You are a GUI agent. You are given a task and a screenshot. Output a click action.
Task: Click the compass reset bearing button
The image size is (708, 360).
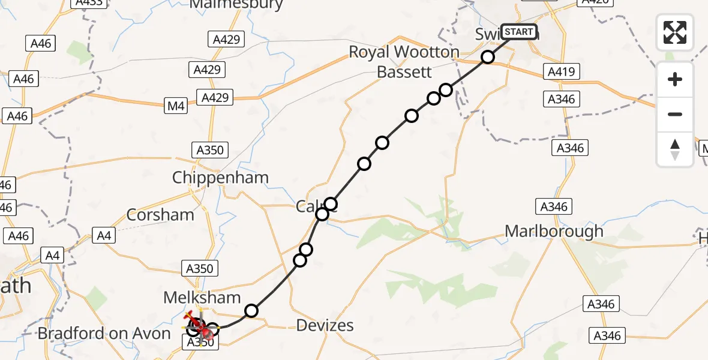[675, 149]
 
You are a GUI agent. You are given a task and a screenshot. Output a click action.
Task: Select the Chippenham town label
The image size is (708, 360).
[220, 178]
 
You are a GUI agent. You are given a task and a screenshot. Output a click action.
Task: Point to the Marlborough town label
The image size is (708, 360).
[554, 231]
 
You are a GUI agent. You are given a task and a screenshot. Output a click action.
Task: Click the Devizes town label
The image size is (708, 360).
[325, 325]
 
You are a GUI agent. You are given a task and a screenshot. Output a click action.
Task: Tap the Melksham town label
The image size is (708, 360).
[202, 297]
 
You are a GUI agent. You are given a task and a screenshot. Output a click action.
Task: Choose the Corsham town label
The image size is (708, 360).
[160, 215]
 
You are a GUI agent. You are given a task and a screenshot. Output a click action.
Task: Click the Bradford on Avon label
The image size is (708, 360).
[104, 334]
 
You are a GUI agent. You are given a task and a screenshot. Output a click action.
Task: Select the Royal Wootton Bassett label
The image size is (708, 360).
[404, 62]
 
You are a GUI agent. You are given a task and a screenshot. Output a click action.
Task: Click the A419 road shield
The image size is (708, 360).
[561, 72]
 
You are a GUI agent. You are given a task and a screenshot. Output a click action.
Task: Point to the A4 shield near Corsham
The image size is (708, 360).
[104, 236]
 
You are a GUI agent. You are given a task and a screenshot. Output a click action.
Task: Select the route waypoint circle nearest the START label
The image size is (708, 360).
[488, 57]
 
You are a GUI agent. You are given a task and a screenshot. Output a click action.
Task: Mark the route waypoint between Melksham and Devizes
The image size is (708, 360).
[251, 310]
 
